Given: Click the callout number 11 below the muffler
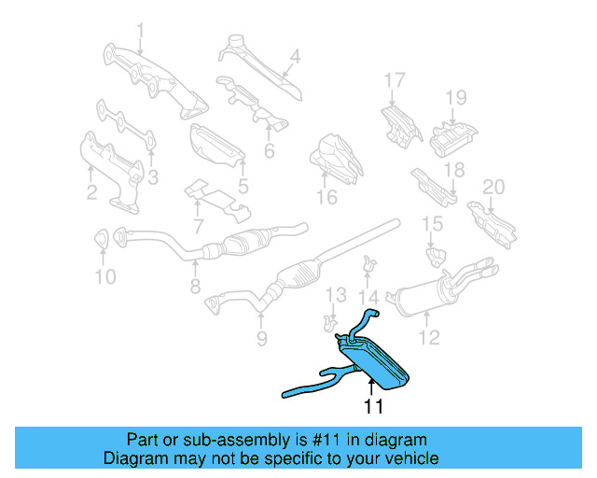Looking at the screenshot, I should (x=373, y=407).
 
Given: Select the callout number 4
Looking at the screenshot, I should (x=295, y=56).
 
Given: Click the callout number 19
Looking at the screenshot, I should (x=454, y=97).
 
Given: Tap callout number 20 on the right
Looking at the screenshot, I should (x=493, y=187).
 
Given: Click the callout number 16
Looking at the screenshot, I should (x=326, y=197).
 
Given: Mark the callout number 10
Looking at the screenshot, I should (x=104, y=276).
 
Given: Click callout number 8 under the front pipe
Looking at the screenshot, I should (x=195, y=289).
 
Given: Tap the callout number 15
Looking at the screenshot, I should (x=431, y=223).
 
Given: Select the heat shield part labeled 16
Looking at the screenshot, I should (x=334, y=156).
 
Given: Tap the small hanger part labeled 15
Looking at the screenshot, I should (x=433, y=252).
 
